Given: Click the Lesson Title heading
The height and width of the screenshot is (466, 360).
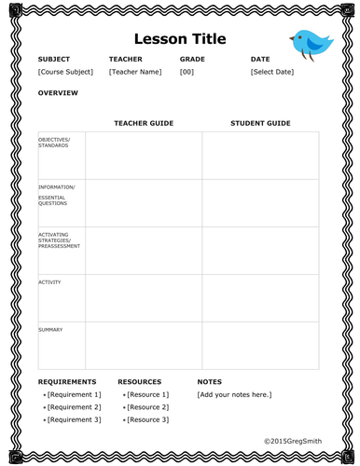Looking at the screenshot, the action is point(180,39).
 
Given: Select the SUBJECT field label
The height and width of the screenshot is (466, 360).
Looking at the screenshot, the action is point(54,60).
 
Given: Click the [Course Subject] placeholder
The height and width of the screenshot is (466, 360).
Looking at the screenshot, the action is point(65,72).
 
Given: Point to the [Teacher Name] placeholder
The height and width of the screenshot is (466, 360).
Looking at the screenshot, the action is point(135,72).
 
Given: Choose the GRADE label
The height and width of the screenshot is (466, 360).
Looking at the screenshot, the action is point(192,60).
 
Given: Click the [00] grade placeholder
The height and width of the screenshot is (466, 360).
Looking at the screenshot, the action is point(187,72).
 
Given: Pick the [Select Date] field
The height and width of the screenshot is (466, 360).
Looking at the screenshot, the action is point(271,72).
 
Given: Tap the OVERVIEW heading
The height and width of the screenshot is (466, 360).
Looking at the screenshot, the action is point(58,93).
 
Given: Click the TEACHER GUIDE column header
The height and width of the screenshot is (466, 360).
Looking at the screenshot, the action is point(144,123).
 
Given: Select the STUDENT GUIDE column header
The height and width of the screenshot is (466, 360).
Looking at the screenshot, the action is point(260,123).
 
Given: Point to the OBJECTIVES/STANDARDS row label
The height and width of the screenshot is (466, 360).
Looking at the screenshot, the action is point(54,142).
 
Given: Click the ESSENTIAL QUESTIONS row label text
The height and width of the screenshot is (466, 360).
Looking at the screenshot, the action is point(52,200).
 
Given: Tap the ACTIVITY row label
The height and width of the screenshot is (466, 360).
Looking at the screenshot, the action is point(49,281).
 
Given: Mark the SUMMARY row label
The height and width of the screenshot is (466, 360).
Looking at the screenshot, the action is point(50,329).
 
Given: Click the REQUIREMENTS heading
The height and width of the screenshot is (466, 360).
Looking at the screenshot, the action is point(67,382).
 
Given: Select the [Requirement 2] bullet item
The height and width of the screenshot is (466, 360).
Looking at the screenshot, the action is point(74,407).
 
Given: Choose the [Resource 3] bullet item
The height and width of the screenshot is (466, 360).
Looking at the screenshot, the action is point(147,420).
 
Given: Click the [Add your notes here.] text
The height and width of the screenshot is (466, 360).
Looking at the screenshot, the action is point(234,395).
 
